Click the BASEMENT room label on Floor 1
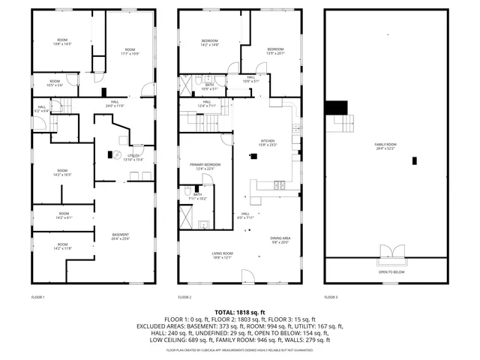121,235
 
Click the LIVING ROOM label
222,255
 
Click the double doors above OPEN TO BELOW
388,251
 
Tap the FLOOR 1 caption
38,298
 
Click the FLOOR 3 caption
331,298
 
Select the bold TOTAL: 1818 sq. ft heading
240,312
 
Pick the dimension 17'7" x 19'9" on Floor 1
130,54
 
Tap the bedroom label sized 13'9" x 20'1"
276,51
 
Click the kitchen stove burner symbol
279,184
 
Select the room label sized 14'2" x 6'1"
63,217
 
